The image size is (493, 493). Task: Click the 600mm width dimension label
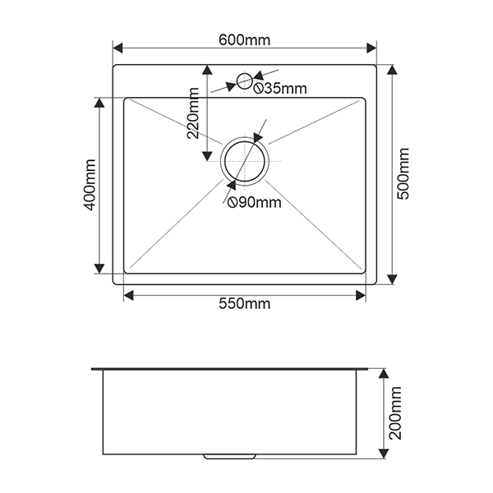(244, 40)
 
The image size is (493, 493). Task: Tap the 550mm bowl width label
(244, 304)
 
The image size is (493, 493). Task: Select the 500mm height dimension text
(403, 173)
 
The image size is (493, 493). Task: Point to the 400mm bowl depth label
(89, 185)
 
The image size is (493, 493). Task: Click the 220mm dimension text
(193, 113)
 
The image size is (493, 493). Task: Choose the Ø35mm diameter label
(280, 89)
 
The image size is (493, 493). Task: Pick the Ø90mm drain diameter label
(255, 202)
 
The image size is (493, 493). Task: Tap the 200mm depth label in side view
(395, 413)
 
